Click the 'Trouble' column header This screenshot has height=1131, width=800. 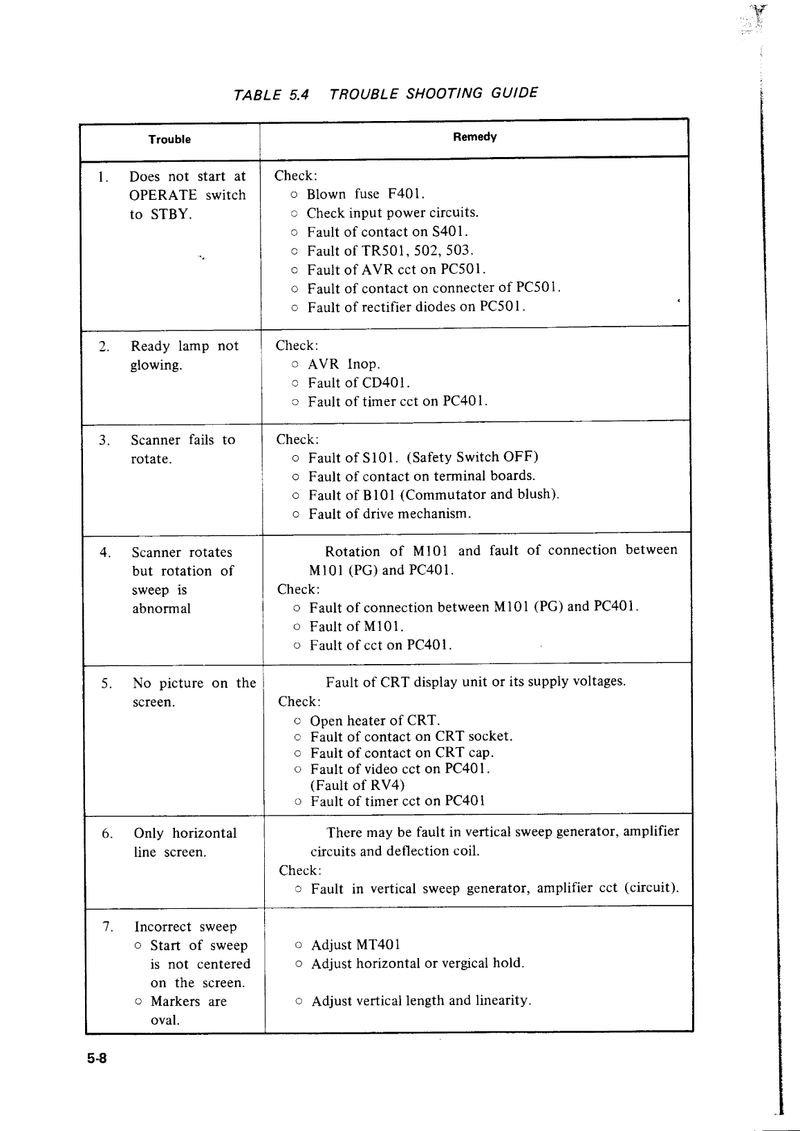click(x=169, y=140)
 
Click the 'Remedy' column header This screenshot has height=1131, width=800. click(x=474, y=137)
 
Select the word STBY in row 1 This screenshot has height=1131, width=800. click(x=170, y=214)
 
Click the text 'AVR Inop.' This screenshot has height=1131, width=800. click(x=344, y=365)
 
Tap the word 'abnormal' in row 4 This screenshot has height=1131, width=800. click(x=161, y=609)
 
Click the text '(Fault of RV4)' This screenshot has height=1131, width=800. click(x=357, y=785)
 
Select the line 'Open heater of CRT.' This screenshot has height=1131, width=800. click(x=375, y=721)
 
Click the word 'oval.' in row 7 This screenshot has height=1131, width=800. click(x=165, y=1020)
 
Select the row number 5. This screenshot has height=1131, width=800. click(x=106, y=684)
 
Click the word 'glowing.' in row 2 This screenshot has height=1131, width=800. click(x=156, y=365)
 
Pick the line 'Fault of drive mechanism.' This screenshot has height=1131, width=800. click(x=390, y=514)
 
